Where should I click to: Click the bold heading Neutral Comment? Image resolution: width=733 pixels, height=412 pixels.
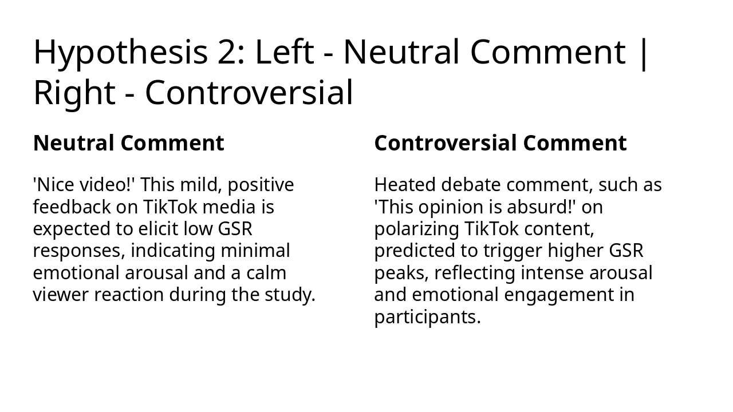128,143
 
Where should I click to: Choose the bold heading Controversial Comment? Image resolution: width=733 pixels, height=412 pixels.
500,143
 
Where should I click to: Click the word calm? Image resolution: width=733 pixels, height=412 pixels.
266,272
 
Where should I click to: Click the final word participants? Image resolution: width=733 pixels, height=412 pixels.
427,317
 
